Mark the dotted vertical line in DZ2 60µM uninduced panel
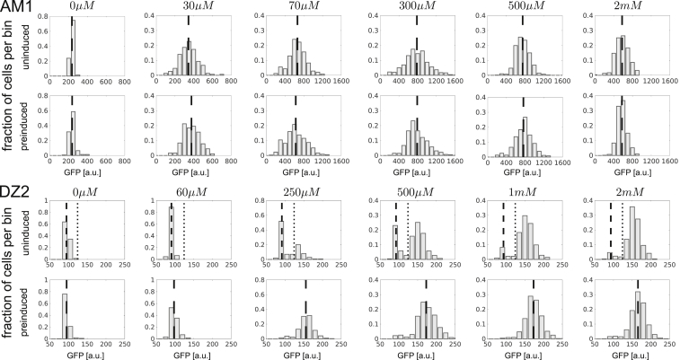184,229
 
